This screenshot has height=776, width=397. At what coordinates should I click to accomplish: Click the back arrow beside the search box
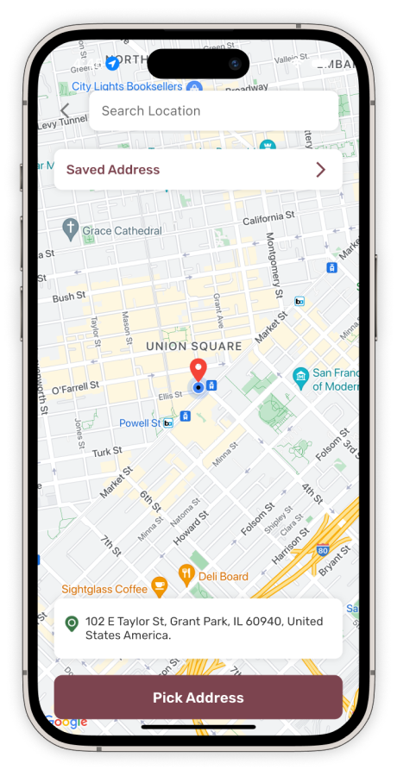(66, 111)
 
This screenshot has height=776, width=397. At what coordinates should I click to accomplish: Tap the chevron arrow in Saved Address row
(320, 170)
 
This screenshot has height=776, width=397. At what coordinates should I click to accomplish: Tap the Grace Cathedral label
(122, 230)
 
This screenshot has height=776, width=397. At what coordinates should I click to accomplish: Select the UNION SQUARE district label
(194, 346)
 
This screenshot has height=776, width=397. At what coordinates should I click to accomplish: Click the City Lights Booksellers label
(127, 86)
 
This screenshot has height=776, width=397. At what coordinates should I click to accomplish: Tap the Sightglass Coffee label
(104, 588)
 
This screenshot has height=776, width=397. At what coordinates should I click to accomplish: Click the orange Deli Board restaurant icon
(186, 575)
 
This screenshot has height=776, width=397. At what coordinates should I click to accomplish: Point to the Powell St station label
(139, 423)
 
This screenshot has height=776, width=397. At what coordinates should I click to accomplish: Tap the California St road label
(268, 220)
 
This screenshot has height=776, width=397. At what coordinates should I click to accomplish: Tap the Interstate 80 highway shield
(322, 549)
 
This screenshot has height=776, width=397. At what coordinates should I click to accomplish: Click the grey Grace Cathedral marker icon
(71, 229)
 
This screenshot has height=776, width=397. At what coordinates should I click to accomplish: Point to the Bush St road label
(69, 297)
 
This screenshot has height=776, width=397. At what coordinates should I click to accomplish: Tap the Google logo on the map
(68, 723)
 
